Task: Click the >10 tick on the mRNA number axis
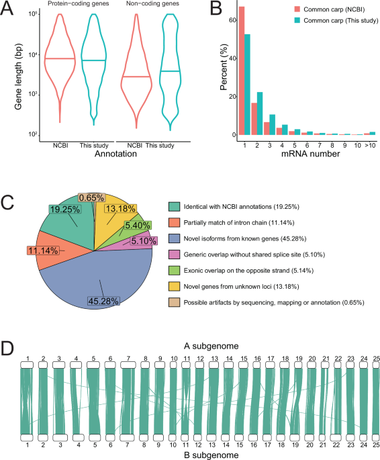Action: click(x=372, y=144)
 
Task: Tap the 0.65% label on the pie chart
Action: click(x=91, y=197)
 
